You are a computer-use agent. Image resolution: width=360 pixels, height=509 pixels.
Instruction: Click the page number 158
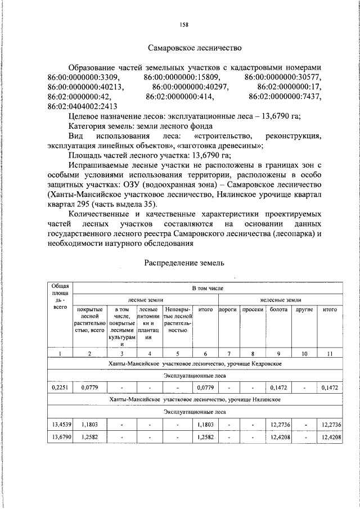184,24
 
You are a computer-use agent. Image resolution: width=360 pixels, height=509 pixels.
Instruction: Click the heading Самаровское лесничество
195,49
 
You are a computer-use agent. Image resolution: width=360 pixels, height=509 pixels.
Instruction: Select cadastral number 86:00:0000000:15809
182,76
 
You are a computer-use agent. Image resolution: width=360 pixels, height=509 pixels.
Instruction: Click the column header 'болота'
278,310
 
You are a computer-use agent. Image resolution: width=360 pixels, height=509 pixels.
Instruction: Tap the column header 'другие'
304,310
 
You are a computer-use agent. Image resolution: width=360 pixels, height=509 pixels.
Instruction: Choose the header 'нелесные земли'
280,300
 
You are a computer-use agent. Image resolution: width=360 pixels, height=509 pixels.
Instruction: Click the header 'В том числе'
208,287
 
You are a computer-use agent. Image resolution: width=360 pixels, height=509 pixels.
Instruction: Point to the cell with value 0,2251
60,388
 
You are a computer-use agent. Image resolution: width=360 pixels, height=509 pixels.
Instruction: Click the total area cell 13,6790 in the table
60,436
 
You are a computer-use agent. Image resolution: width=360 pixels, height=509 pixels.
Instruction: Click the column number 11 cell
330,353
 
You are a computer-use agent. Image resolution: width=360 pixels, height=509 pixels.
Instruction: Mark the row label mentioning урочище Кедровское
195,364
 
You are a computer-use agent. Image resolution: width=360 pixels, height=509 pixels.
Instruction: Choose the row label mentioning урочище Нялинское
195,399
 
